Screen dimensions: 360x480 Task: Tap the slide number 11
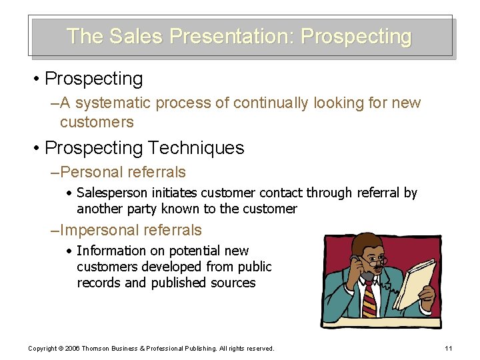tap(448, 349)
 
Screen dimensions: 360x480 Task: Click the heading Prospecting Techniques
tap(144, 147)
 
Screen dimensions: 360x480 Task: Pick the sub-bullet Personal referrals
tap(123, 172)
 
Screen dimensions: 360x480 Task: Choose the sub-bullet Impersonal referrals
tap(131, 230)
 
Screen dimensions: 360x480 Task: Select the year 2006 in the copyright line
tap(73, 349)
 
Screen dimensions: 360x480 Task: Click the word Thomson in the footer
tap(99, 349)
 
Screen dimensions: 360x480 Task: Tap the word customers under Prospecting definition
tap(97, 123)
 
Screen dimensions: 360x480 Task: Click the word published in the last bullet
tap(178, 283)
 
